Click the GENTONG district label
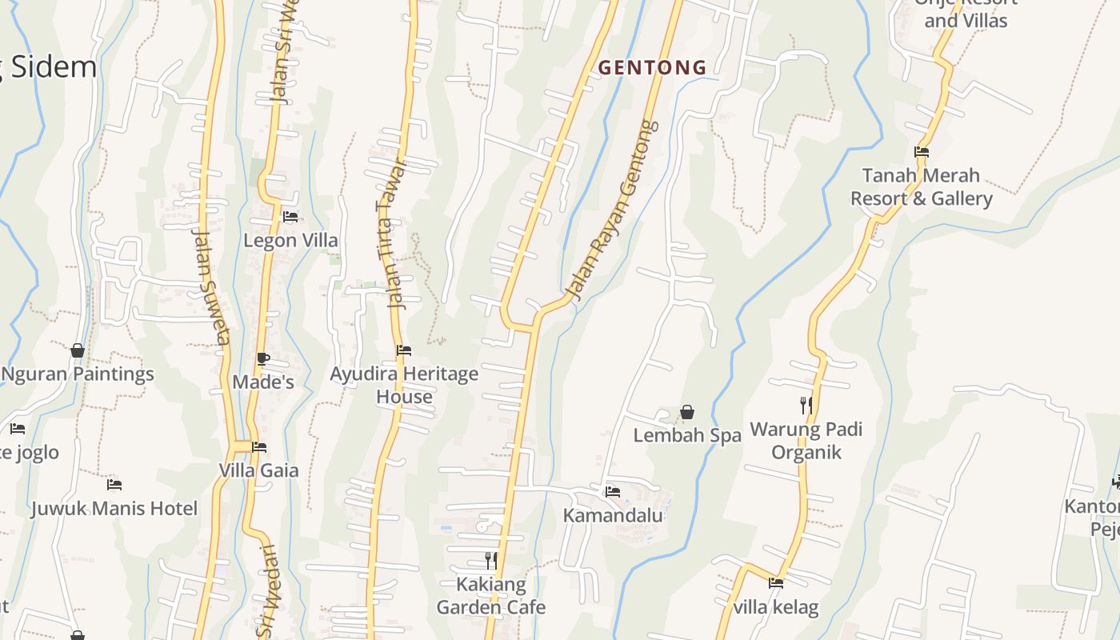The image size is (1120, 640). pyautogui.click(x=653, y=68)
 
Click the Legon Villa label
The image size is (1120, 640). pyautogui.click(x=290, y=241)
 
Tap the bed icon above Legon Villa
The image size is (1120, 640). pyautogui.click(x=290, y=217)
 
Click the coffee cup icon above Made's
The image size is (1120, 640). pyautogui.click(x=263, y=359)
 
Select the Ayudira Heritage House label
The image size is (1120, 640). pyautogui.click(x=404, y=385)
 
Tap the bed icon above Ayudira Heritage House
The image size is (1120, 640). pyautogui.click(x=404, y=350)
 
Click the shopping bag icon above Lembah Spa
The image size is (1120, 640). pyautogui.click(x=687, y=413)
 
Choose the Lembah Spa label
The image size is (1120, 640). pyautogui.click(x=687, y=436)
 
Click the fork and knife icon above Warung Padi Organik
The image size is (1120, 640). pyautogui.click(x=806, y=406)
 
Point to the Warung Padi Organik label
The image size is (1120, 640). pyautogui.click(x=806, y=441)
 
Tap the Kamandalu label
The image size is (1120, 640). pyautogui.click(x=613, y=515)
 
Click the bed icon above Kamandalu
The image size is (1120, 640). pyautogui.click(x=613, y=491)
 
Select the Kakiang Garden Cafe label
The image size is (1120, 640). pyautogui.click(x=491, y=596)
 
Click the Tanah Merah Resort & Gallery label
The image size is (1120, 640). pyautogui.click(x=921, y=187)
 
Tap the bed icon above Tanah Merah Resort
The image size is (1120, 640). pyautogui.click(x=922, y=152)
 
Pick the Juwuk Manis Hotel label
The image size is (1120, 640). pyautogui.click(x=114, y=509)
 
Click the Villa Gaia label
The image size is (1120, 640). pyautogui.click(x=258, y=470)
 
